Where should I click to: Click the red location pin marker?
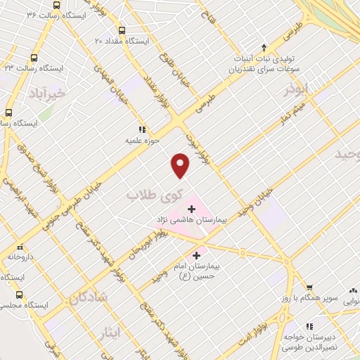pos(181,166)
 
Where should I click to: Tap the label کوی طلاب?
pos(153,194)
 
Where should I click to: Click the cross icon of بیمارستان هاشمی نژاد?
pos(191,209)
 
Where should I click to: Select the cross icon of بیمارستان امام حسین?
pos(196,255)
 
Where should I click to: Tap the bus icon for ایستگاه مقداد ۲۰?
pos(122,30)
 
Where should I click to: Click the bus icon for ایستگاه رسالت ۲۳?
pos(34,58)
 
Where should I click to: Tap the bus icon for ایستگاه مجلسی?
pos(19,295)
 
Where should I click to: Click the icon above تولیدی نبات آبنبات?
pos(263,46)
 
